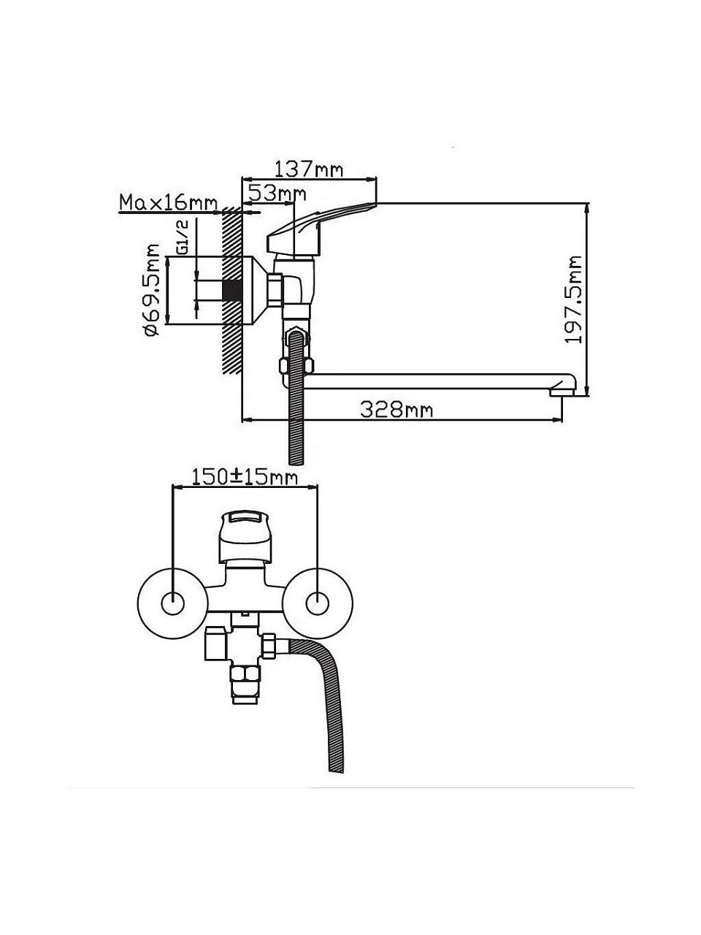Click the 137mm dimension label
coord(308,169)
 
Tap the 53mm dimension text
coord(277,194)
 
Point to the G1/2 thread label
coord(183,237)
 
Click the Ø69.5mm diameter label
coord(152,291)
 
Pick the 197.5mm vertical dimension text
coord(573,299)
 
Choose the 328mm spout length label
coord(397,410)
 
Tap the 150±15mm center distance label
coord(245,477)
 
